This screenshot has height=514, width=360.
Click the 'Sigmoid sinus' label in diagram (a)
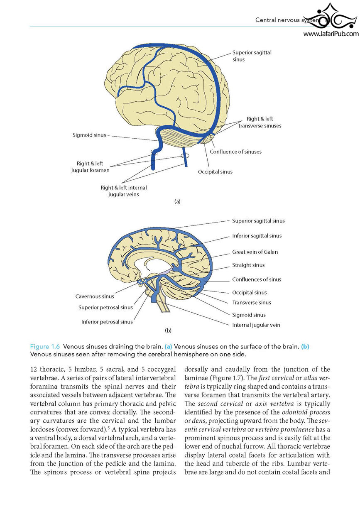pos(89,135)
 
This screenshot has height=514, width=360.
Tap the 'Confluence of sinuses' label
pos(236,152)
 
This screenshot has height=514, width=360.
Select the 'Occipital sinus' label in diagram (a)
pos(215,172)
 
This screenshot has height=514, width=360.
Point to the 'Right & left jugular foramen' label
pos(90,167)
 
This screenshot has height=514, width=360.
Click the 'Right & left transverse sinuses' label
pos(260,122)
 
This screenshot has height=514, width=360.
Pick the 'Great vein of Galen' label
pos(255,252)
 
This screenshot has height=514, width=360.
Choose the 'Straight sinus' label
pos(248,265)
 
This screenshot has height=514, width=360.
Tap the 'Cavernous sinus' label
pos(95,296)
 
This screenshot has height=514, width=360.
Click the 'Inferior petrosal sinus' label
pos(107,322)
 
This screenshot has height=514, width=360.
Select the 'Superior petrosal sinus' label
pos(105,308)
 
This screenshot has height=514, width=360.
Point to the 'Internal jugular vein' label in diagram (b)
pos(256,325)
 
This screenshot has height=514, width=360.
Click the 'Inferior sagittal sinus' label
pos(257,236)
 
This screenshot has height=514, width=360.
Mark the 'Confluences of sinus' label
pos(257,279)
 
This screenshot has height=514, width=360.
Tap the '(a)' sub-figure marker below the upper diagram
pos(177,201)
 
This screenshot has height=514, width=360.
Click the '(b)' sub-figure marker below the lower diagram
pos(168,330)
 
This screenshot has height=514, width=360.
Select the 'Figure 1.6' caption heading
pos(45,346)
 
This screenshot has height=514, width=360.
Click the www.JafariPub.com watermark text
pos(331,34)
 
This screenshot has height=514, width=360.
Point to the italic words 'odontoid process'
pos(306,412)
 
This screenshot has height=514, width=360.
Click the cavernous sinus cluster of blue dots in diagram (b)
pos(142,281)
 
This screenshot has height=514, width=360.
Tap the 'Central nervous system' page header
pos(287,20)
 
